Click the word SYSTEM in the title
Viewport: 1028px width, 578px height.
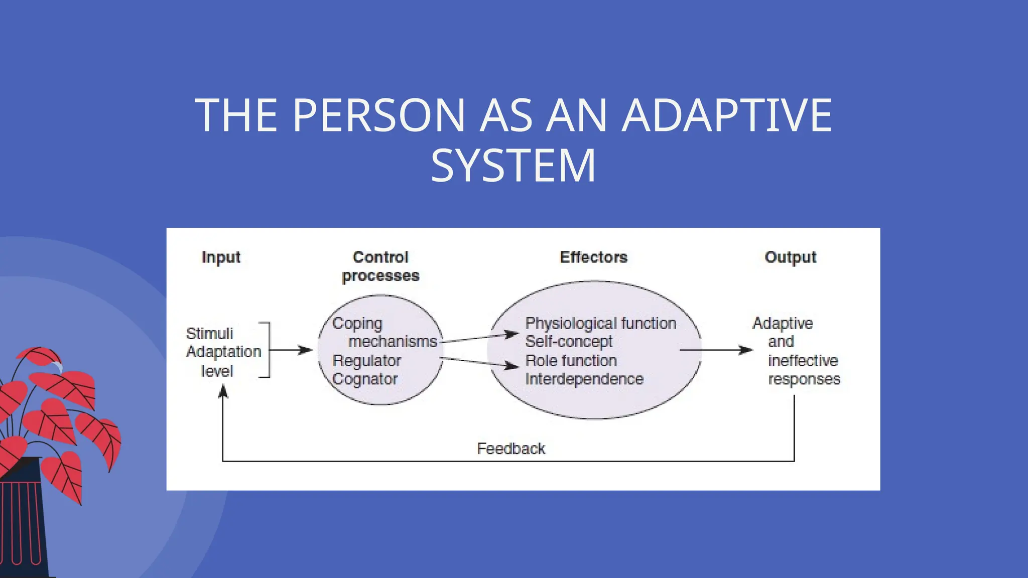coord(513,166)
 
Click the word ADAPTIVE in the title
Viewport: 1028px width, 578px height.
coord(727,115)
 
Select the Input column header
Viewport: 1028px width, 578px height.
coord(221,257)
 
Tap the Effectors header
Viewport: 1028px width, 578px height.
coord(593,257)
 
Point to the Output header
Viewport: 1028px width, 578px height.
coord(790,257)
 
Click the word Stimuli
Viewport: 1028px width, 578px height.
coord(209,334)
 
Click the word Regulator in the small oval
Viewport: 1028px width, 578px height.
coord(366,361)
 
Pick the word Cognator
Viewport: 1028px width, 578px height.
coord(365,379)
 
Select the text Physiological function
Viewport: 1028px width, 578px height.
coord(600,324)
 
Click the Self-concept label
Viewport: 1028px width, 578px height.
coord(569,342)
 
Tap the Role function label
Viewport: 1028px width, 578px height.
coord(571,361)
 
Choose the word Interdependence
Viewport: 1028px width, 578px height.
coord(584,379)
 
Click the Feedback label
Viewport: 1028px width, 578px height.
coord(510,449)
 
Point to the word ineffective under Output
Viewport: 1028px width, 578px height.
coord(803,361)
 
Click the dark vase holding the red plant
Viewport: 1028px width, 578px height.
coord(23,522)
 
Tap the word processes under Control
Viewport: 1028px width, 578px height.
coord(380,276)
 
